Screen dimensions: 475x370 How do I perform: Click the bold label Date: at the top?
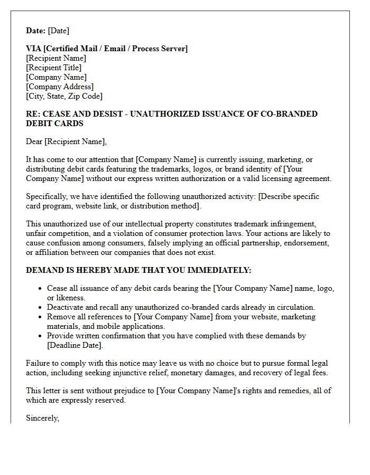[x=36, y=31]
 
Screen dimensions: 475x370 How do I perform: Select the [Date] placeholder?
[x=59, y=31]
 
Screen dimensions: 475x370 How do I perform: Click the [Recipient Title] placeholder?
[x=53, y=68]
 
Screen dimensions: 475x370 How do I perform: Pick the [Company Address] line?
[x=60, y=87]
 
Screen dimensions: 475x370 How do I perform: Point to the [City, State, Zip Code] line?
[x=64, y=96]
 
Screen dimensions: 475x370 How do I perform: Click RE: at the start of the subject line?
[x=33, y=114]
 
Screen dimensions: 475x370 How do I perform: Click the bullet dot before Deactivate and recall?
[x=41, y=307]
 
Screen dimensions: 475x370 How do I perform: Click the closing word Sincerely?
[x=42, y=418]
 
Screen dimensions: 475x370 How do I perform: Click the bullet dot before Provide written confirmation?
[x=41, y=336]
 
